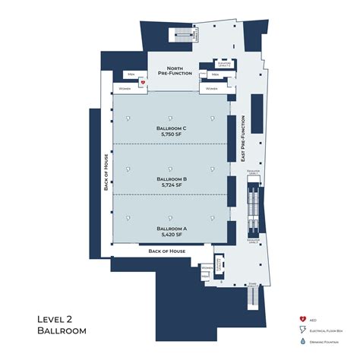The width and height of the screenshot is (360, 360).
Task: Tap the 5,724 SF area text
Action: click(x=172, y=185)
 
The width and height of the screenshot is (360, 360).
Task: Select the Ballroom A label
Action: click(x=172, y=228)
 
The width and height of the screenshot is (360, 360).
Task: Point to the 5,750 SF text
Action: click(x=172, y=134)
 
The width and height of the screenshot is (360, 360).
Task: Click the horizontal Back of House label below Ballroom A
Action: click(x=167, y=251)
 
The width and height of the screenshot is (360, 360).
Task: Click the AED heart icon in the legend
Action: click(x=302, y=319)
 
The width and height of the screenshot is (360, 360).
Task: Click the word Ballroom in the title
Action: click(x=62, y=330)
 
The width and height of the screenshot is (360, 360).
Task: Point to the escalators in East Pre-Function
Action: click(x=254, y=205)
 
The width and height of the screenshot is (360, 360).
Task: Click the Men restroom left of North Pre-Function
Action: click(x=131, y=74)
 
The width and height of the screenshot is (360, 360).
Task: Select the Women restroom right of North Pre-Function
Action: click(x=210, y=89)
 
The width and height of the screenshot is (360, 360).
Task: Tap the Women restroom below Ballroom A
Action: click(x=205, y=268)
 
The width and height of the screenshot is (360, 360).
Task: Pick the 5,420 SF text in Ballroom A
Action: click(x=172, y=234)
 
